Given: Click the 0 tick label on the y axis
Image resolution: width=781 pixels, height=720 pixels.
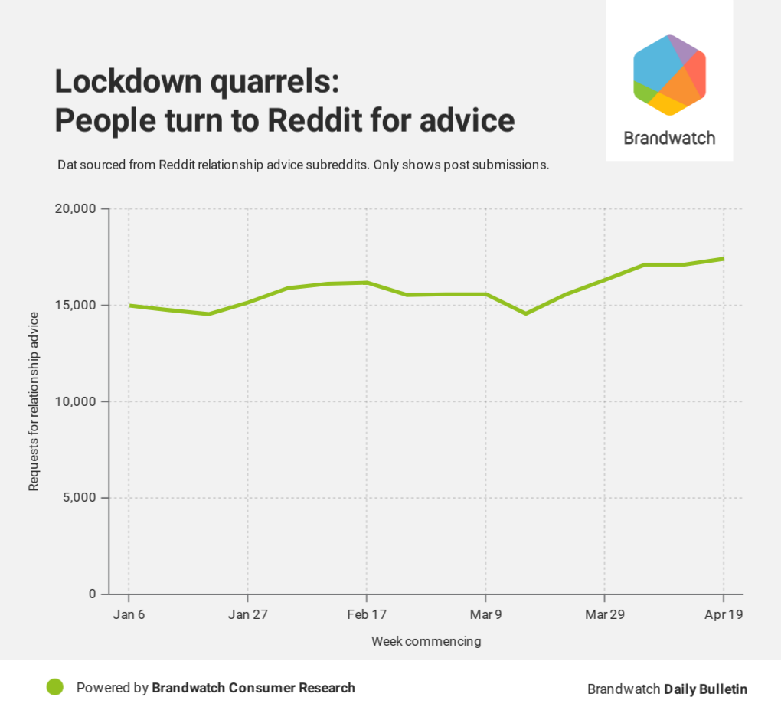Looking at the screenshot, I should (93, 594).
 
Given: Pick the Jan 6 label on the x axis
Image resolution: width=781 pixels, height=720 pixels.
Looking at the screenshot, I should (129, 614).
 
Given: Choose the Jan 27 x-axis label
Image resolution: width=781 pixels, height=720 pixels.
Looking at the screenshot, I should (248, 614).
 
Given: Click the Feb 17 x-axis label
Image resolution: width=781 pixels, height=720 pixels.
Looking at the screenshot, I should (367, 614).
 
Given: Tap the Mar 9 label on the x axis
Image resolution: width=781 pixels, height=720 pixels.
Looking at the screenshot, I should (485, 614).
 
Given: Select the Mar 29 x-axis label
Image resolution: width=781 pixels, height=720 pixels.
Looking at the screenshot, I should (605, 614).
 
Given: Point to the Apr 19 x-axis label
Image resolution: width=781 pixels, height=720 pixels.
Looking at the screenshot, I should (724, 614).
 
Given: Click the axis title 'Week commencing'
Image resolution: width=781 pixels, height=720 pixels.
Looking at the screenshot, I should (426, 641).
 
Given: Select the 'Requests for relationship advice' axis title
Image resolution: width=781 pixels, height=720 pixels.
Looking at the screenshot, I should (34, 402).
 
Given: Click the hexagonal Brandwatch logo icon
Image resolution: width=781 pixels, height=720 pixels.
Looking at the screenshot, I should (669, 75).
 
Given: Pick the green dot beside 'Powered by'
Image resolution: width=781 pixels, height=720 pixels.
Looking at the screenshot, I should (54, 688).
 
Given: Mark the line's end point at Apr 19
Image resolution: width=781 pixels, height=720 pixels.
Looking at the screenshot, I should (724, 259).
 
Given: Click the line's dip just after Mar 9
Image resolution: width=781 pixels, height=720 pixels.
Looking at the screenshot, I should (525, 313).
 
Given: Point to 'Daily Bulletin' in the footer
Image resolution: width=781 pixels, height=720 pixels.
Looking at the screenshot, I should (705, 689).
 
